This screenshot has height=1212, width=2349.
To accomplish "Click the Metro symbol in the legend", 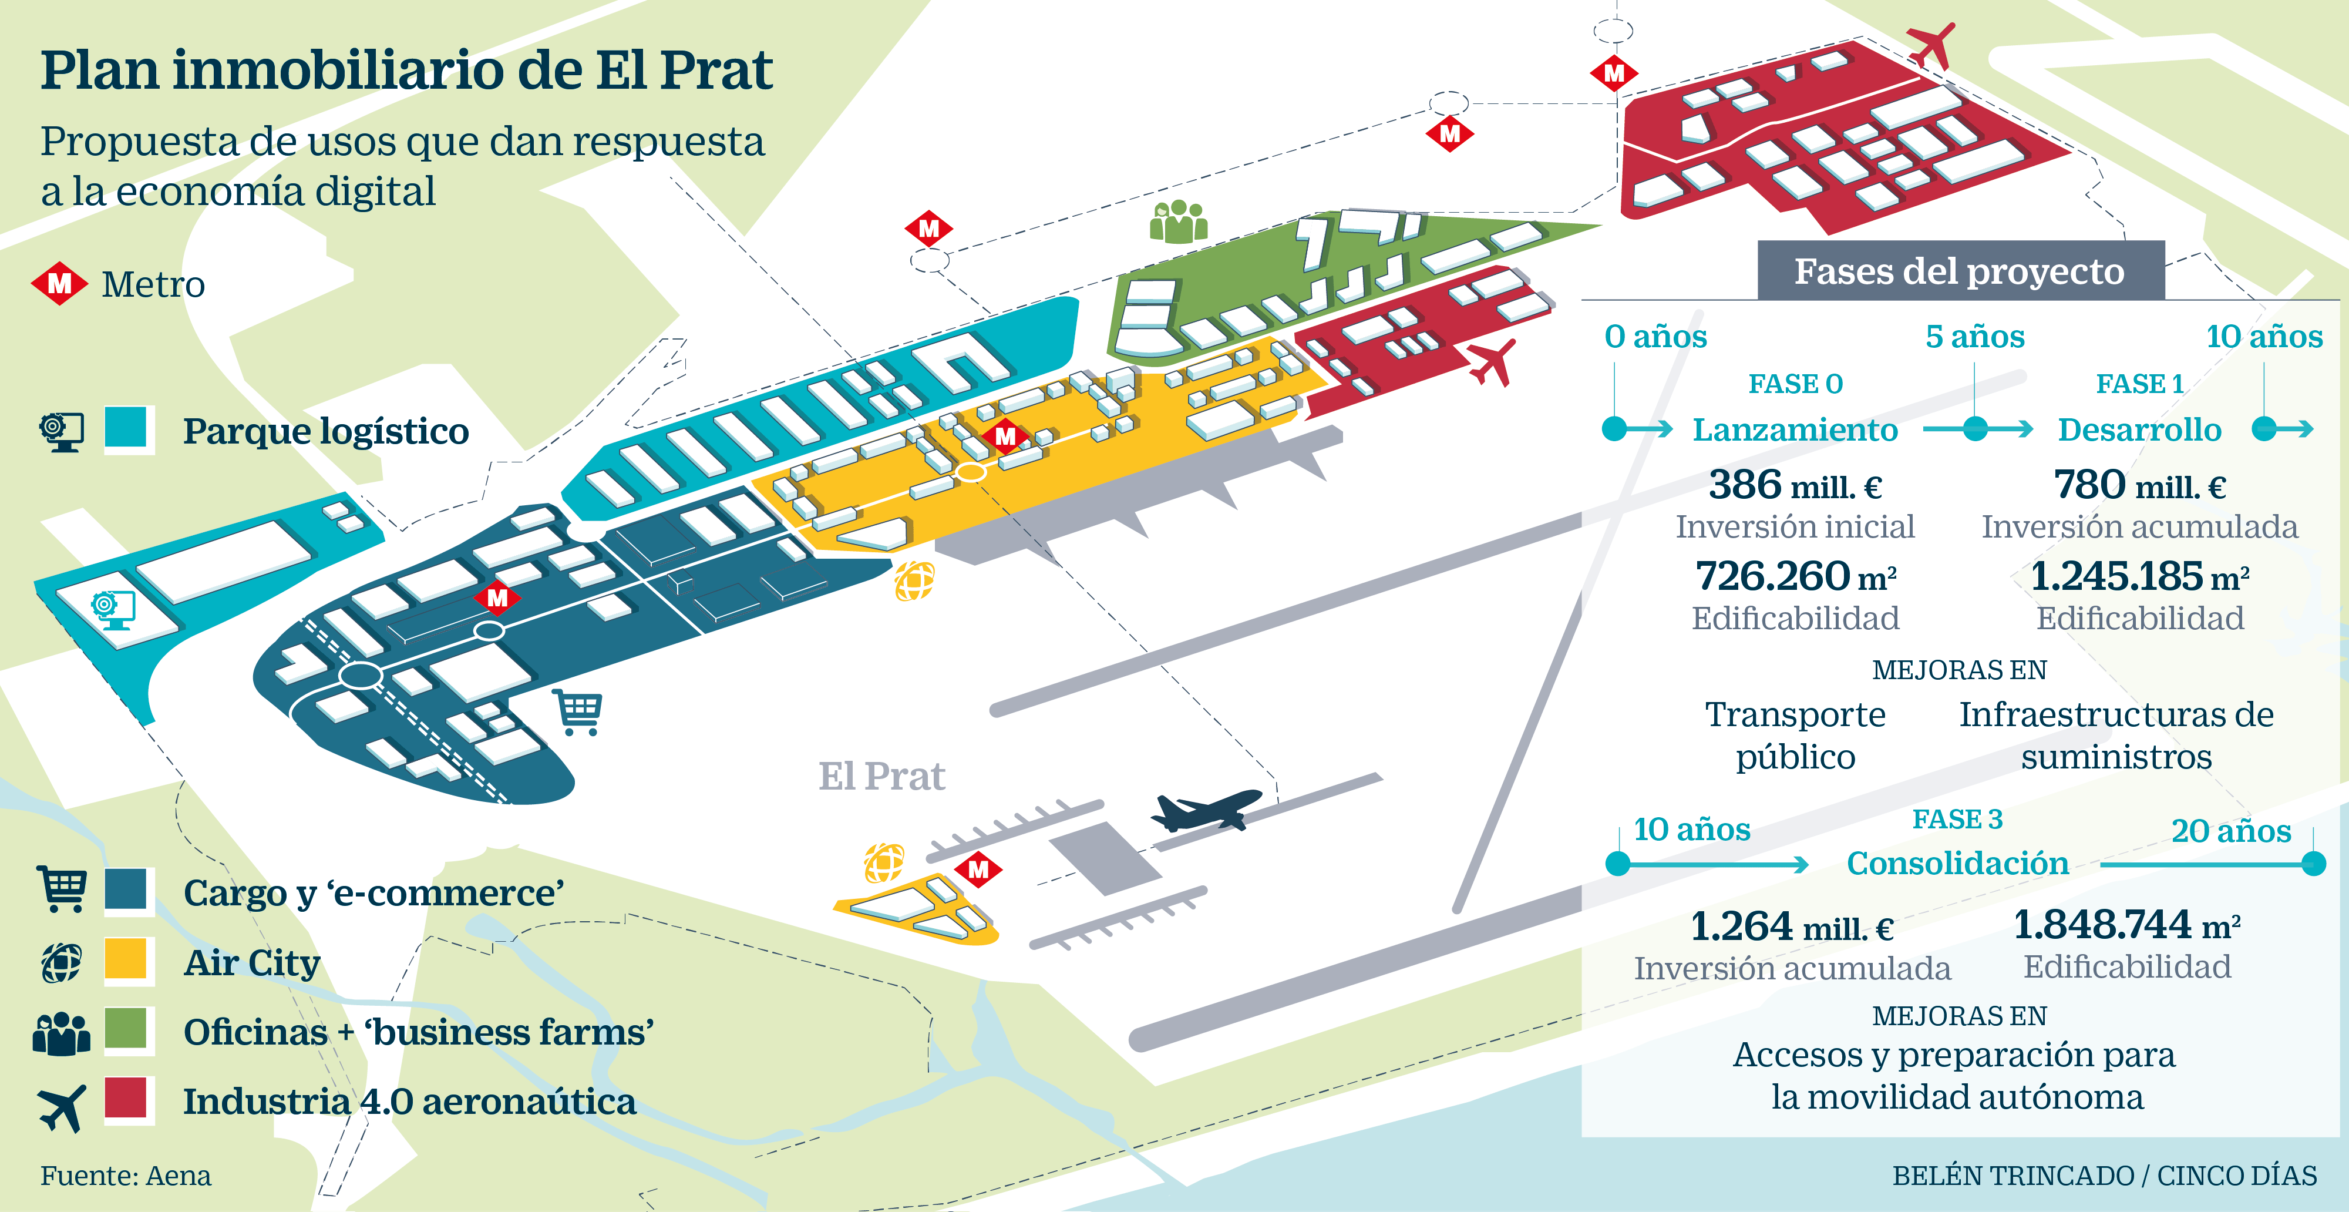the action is (x=59, y=284).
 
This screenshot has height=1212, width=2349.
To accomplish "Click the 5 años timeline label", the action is (x=1975, y=337).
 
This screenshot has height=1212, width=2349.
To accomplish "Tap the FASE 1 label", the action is (x=2140, y=384).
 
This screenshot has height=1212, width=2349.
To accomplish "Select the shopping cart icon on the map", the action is (x=578, y=712).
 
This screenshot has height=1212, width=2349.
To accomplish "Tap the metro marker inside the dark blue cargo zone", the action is (x=497, y=598).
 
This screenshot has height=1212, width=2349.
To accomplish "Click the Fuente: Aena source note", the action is (x=126, y=1176).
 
